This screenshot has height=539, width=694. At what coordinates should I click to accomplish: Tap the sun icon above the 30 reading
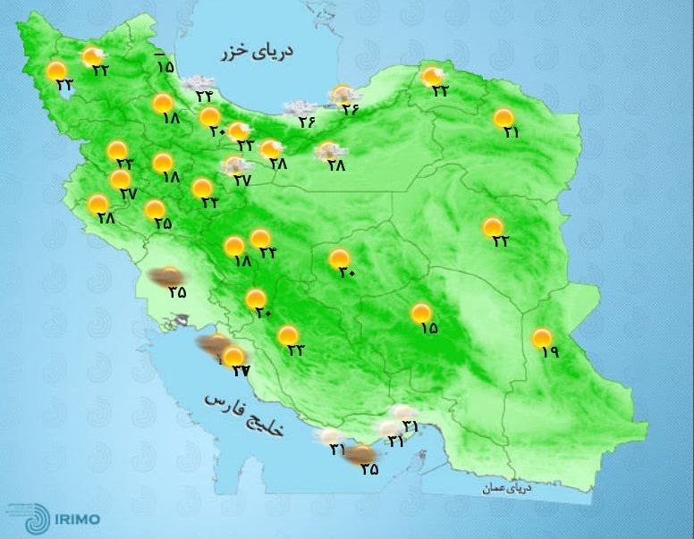(339, 259)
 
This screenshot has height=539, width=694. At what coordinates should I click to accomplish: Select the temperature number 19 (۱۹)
(548, 352)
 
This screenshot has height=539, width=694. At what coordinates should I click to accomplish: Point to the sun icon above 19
(541, 338)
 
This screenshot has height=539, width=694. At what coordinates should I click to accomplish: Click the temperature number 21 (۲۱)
(512, 132)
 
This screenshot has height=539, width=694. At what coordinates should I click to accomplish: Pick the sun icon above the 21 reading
(504, 118)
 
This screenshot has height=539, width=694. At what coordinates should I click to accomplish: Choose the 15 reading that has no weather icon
(165, 65)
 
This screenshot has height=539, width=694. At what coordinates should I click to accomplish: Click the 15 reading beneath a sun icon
(427, 328)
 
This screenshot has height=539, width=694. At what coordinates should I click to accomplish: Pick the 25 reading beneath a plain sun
(162, 223)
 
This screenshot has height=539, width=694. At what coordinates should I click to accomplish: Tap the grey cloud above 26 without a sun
(298, 109)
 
